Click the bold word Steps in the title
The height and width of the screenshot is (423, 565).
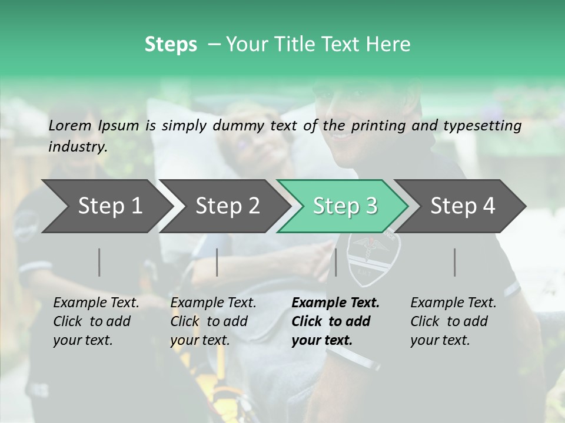click(171, 45)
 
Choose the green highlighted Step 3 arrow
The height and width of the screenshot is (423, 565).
click(345, 206)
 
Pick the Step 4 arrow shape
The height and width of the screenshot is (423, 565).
click(463, 206)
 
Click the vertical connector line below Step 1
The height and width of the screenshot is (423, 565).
click(99, 262)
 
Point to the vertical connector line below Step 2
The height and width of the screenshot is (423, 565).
click(217, 262)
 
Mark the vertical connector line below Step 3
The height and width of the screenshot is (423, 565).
click(335, 262)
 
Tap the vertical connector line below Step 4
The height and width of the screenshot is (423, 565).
click(455, 262)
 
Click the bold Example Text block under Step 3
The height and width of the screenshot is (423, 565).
click(335, 321)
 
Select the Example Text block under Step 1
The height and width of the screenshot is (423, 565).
click(97, 321)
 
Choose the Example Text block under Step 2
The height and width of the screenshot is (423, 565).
click(214, 321)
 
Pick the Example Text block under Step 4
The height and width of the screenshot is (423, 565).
click(453, 321)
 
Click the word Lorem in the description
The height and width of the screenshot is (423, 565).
click(70, 125)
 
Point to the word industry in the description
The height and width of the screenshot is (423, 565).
click(77, 146)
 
